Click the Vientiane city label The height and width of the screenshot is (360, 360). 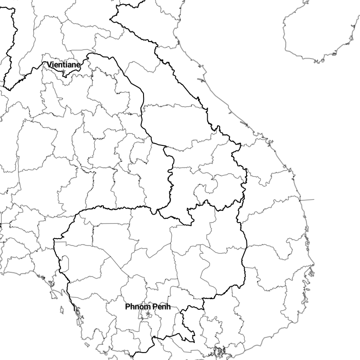[x=63, y=65]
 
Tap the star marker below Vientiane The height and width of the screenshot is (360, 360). [x=63, y=72]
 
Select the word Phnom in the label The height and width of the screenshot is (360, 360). [x=138, y=307]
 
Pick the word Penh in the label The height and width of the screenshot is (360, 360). [x=162, y=307]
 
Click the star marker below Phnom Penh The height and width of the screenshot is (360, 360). [x=148, y=314]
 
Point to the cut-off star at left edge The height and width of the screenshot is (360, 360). [x=0, y=225]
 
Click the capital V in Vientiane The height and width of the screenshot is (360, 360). [x=49, y=65]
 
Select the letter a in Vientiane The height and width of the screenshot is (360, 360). [x=70, y=65]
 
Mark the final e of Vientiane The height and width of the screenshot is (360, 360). [x=78, y=65]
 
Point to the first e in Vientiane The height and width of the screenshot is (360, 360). [x=56, y=65]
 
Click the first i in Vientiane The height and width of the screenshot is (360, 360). [x=53, y=65]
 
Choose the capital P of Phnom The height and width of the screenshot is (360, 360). [x=127, y=307]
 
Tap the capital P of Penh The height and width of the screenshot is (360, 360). [x=155, y=307]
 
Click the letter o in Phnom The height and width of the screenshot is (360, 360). [x=141, y=307]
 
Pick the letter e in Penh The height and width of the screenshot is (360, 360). [x=159, y=307]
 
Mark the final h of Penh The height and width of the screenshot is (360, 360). [x=168, y=307]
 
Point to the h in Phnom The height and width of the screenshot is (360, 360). [x=132, y=307]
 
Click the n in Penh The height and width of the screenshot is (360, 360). [x=164, y=307]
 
